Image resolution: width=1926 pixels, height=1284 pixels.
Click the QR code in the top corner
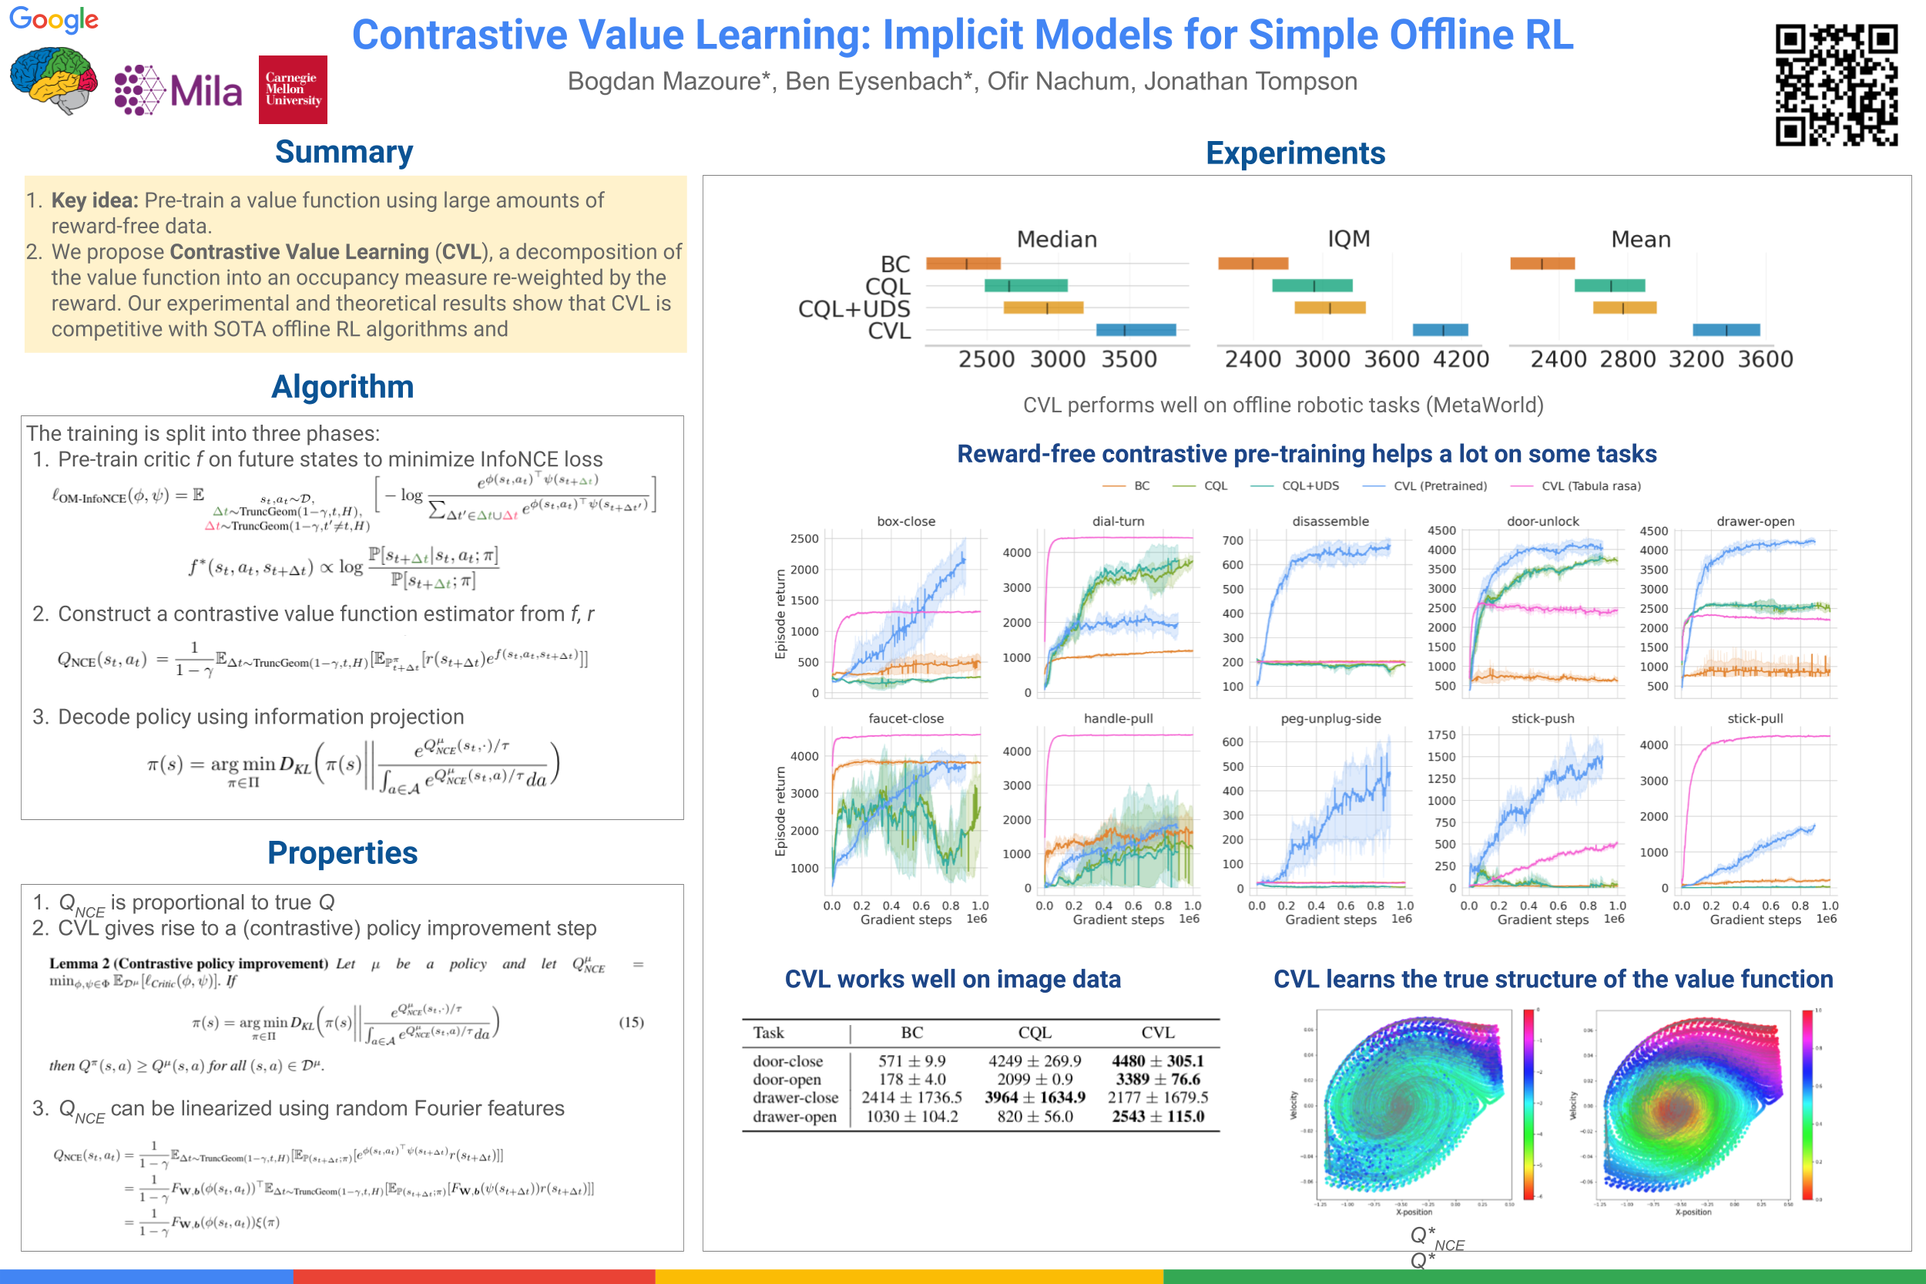click(1835, 84)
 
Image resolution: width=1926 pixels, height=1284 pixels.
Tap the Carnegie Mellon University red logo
click(292, 89)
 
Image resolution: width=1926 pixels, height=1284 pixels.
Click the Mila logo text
click(206, 91)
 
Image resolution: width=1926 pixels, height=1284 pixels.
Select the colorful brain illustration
click(53, 79)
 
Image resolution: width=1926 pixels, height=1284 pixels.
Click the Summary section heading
click(344, 153)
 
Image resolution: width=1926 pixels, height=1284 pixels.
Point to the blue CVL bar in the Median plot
click(1136, 330)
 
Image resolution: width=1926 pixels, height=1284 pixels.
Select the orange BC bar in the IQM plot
click(1253, 264)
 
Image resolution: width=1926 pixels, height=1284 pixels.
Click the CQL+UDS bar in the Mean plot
click(1624, 308)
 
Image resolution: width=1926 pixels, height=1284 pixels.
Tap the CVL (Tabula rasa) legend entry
click(1590, 486)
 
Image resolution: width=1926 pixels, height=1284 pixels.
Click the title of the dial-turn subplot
click(1117, 521)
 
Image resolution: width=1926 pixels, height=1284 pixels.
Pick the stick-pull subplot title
click(1754, 718)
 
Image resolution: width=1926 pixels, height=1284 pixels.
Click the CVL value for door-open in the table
click(1156, 1079)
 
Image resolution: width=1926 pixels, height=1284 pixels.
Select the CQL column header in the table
click(1035, 1033)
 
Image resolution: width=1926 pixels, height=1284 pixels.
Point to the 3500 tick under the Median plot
click(1129, 358)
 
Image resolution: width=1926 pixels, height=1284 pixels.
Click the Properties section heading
click(342, 852)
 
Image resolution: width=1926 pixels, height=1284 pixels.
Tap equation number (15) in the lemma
click(630, 1022)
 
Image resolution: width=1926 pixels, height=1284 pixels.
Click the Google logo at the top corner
click(53, 18)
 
